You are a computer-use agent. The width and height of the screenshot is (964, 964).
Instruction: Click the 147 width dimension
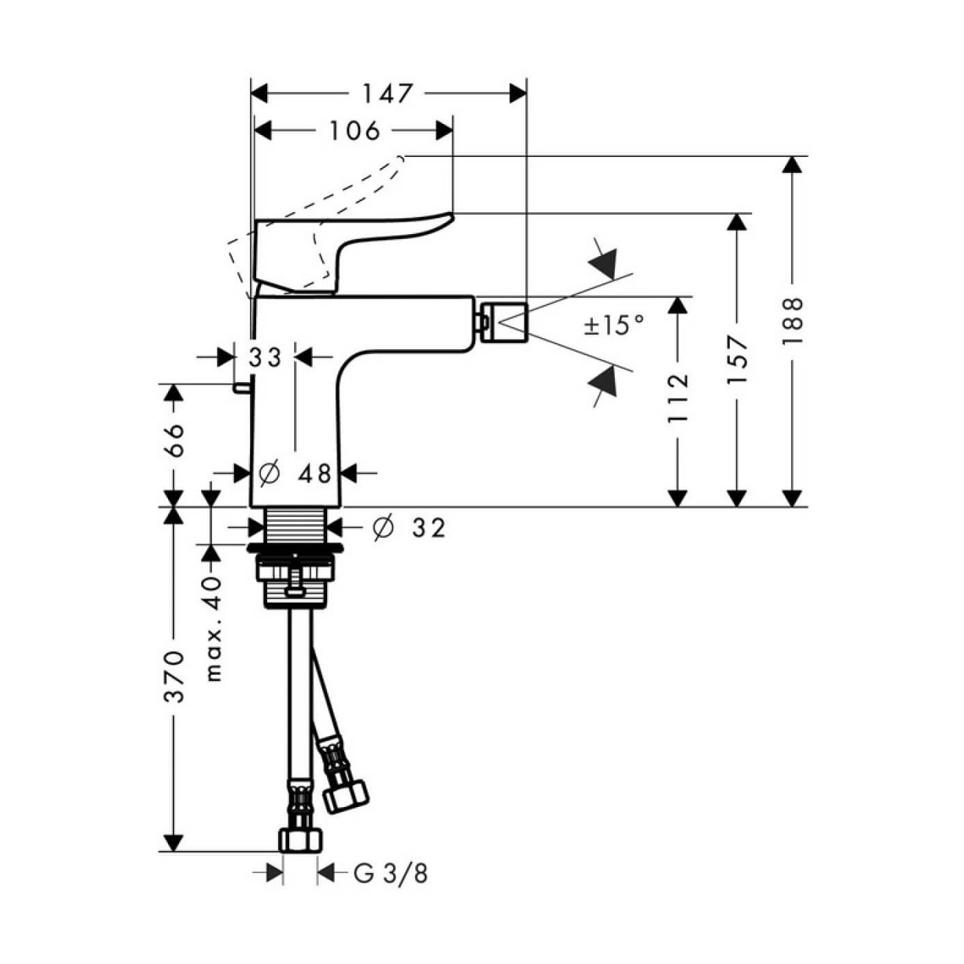pos(388,94)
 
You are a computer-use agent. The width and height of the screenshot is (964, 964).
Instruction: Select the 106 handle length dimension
pos(355,130)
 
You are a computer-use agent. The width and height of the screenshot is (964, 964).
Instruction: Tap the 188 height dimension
pos(793,322)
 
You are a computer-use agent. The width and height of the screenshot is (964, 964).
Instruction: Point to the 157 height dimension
pos(737,359)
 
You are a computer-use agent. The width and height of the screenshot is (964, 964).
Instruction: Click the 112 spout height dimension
pos(678,397)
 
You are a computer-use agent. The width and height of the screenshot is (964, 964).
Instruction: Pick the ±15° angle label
pos(615,324)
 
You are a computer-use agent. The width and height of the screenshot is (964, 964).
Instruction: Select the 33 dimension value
pos(265,357)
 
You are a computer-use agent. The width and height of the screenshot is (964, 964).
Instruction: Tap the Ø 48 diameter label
pos(295,474)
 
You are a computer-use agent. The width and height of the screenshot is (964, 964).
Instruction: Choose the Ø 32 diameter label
pos(409,528)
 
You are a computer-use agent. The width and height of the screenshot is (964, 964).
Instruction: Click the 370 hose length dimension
pos(174,676)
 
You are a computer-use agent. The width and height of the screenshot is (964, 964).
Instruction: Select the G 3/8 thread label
pos(390,874)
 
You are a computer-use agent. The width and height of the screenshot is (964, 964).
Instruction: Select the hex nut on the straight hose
pos(300,840)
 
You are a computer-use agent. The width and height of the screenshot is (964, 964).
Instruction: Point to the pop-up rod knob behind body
pos(240,389)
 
